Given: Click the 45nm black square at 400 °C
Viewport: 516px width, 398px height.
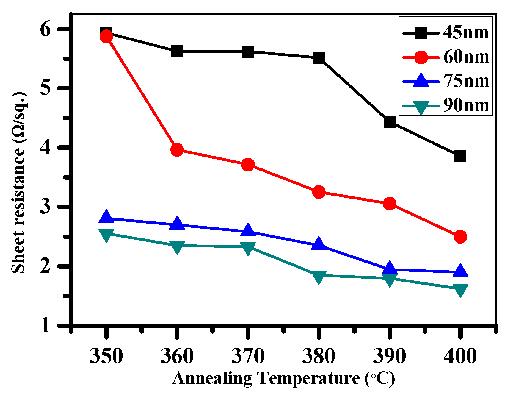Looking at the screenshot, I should [x=460, y=156].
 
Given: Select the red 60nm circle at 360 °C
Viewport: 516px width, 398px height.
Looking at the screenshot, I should [x=177, y=150].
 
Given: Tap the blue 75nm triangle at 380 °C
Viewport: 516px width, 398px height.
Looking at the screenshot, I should [x=319, y=244].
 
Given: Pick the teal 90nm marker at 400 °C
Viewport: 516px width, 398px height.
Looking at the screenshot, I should [x=460, y=290].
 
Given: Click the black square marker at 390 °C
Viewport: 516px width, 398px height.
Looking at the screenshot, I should [x=389, y=122].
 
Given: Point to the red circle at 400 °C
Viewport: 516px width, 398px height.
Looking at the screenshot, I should [x=460, y=237].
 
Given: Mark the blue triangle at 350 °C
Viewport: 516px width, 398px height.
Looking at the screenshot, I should [x=106, y=217].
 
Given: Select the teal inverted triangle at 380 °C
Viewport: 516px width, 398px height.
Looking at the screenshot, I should [x=319, y=277].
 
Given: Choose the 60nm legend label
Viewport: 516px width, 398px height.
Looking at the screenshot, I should [x=466, y=57].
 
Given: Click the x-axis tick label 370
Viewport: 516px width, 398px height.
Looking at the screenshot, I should [x=248, y=356].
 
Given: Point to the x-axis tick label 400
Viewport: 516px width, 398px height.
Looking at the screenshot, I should [x=460, y=356].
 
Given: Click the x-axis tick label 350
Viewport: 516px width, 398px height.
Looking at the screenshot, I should [x=106, y=356].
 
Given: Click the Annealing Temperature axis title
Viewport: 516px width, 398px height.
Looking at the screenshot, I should [x=283, y=378].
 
